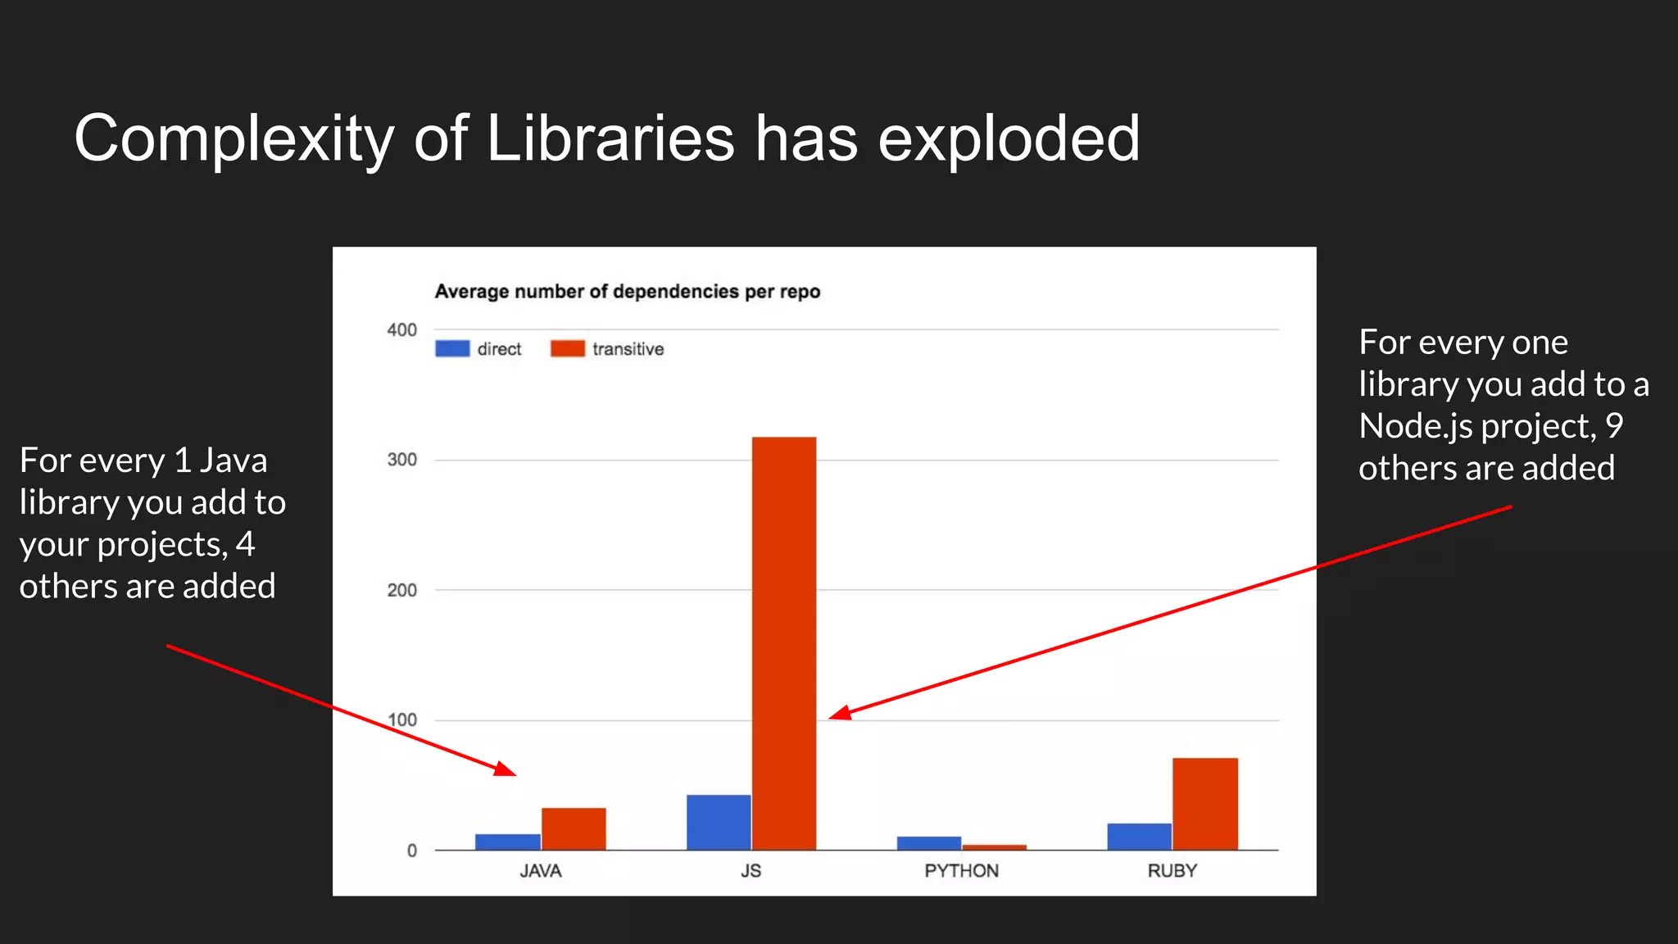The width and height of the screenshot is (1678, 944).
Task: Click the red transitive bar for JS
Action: coord(784,643)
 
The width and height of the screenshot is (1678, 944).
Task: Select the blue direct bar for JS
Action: coord(719,822)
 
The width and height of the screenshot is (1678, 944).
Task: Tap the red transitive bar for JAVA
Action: coord(574,828)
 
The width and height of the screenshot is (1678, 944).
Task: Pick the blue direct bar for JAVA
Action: coord(508,842)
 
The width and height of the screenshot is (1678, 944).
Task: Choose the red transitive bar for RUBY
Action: coord(1204,804)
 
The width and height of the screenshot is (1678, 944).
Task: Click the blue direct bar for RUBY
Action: coord(1139,837)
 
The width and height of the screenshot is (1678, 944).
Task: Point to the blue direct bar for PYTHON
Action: coord(928,843)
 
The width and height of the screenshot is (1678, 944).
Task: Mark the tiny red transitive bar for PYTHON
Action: coord(994,847)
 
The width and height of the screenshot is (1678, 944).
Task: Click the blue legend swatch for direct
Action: coord(452,349)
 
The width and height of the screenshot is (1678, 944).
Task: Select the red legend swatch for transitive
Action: coord(568,349)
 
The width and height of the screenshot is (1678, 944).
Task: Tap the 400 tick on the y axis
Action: coord(401,330)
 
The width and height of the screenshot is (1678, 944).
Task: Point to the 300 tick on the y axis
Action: coord(401,461)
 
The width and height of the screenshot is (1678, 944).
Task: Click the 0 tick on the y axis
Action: coord(411,851)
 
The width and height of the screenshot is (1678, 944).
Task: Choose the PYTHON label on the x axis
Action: coord(961,871)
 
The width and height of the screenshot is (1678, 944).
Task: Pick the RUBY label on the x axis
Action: coord(1172,871)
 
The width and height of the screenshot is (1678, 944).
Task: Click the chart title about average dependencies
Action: coord(627,292)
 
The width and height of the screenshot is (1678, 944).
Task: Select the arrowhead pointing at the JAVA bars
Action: coord(506,769)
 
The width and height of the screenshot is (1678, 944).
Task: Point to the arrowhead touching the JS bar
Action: coord(839,714)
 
